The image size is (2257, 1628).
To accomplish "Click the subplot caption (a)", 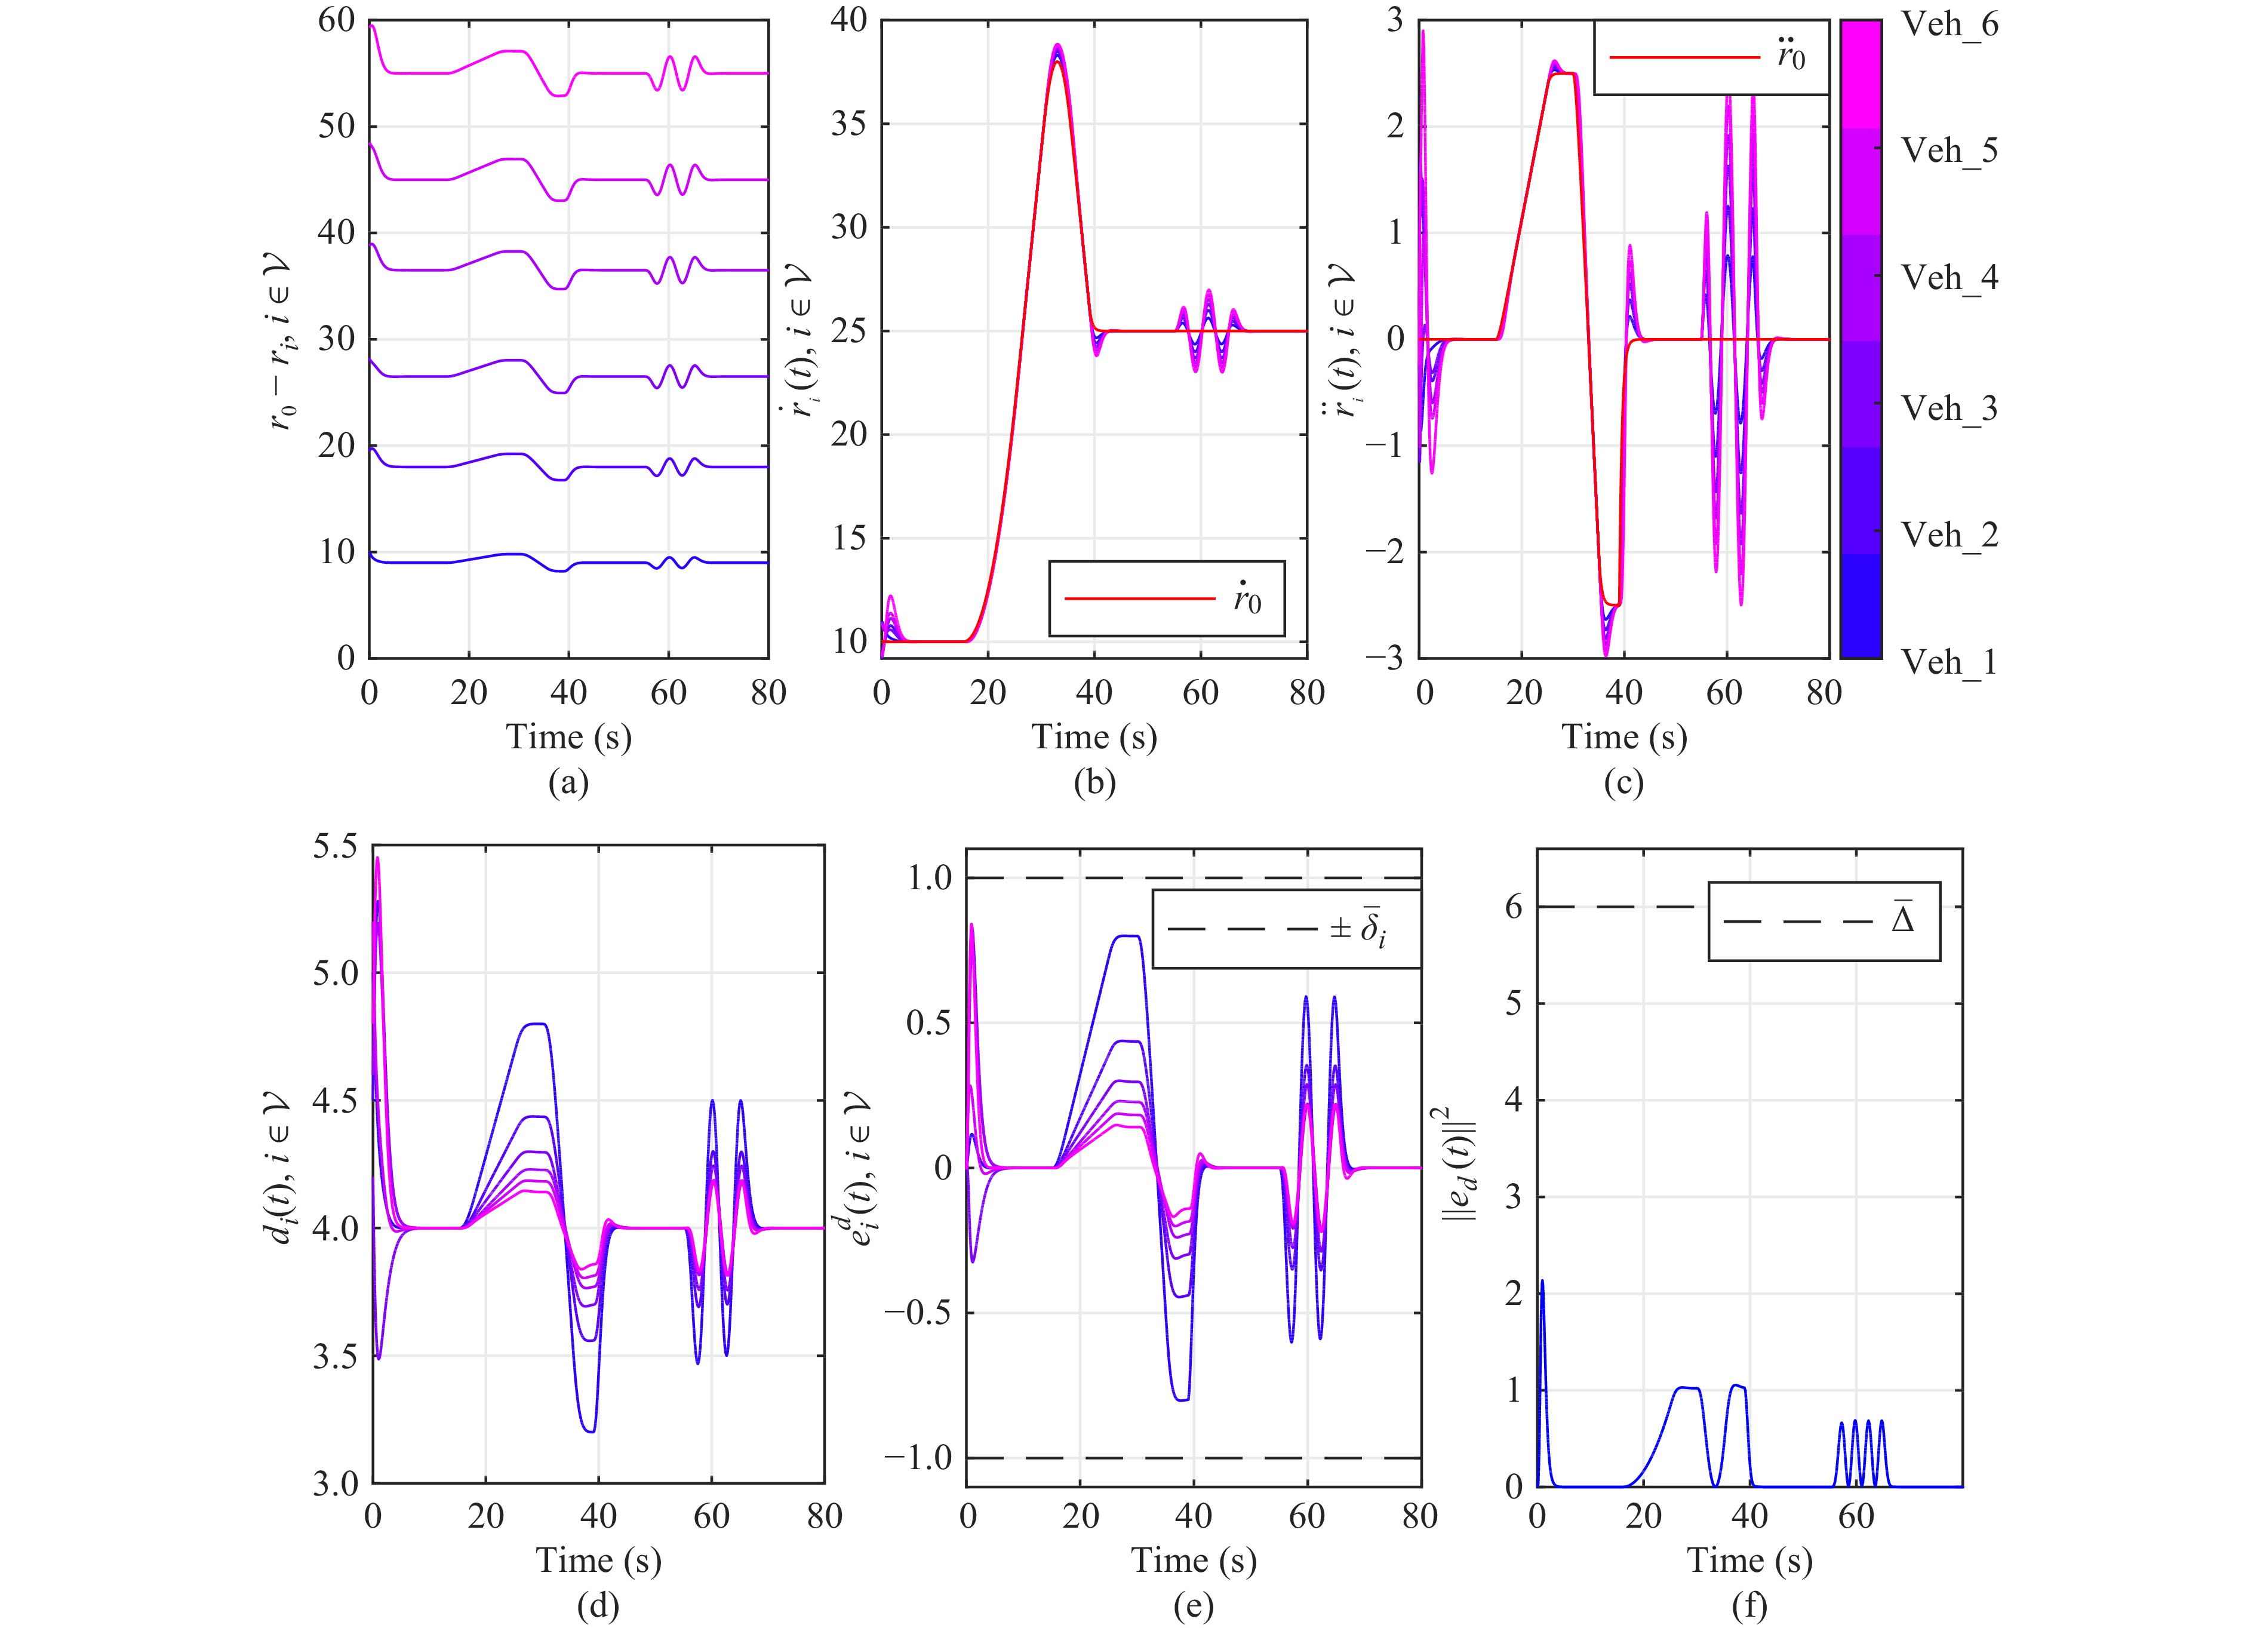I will click(x=568, y=783).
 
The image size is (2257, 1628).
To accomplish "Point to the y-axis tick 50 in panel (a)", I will click(x=336, y=127).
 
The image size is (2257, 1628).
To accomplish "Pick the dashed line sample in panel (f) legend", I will click(x=1798, y=921).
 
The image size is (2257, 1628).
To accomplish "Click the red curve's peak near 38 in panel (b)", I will click(x=1057, y=62).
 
